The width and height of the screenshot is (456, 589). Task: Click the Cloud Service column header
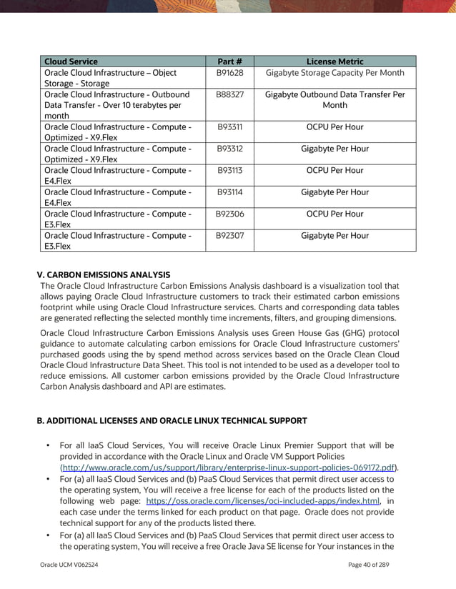click(71, 61)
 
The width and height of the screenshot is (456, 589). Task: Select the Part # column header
click(229, 61)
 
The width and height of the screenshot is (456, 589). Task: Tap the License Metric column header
click(334, 61)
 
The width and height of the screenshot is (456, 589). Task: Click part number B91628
click(229, 73)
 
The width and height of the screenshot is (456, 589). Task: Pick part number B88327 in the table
click(229, 94)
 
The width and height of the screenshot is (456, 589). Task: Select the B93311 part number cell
click(229, 127)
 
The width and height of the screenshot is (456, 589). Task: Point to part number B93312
click(229, 149)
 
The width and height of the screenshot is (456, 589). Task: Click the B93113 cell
click(229, 170)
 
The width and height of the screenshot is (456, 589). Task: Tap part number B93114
click(229, 192)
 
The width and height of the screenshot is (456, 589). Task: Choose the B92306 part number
click(229, 214)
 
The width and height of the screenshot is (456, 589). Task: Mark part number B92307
click(229, 235)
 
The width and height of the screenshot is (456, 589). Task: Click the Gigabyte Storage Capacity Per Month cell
click(334, 73)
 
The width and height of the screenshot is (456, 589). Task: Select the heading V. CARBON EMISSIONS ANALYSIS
click(104, 274)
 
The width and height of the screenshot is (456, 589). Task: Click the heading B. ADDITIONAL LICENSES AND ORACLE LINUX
click(172, 420)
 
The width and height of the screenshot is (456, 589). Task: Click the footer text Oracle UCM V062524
click(69, 565)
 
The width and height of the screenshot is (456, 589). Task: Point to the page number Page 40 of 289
click(377, 565)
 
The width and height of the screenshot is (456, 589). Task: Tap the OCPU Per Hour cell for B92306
click(334, 214)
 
